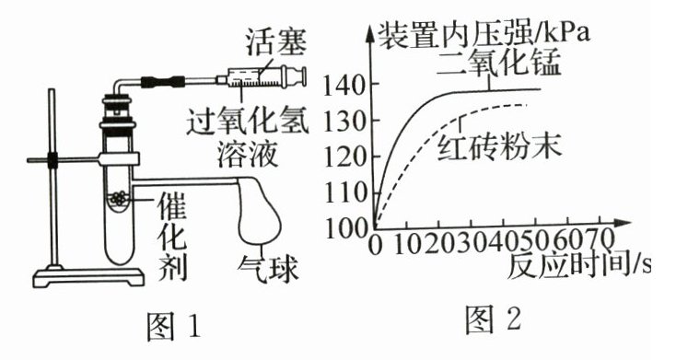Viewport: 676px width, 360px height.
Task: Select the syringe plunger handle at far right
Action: pyautogui.click(x=297, y=77)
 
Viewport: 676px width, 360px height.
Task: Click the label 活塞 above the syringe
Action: pyautogui.click(x=276, y=42)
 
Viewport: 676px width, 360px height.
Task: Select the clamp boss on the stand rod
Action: pyautogui.click(x=52, y=160)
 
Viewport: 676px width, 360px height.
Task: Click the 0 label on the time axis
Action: pyautogui.click(x=375, y=246)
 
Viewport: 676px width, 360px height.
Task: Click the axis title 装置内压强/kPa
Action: pyautogui.click(x=483, y=33)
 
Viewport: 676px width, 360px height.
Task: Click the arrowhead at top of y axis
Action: pyautogui.click(x=370, y=33)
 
